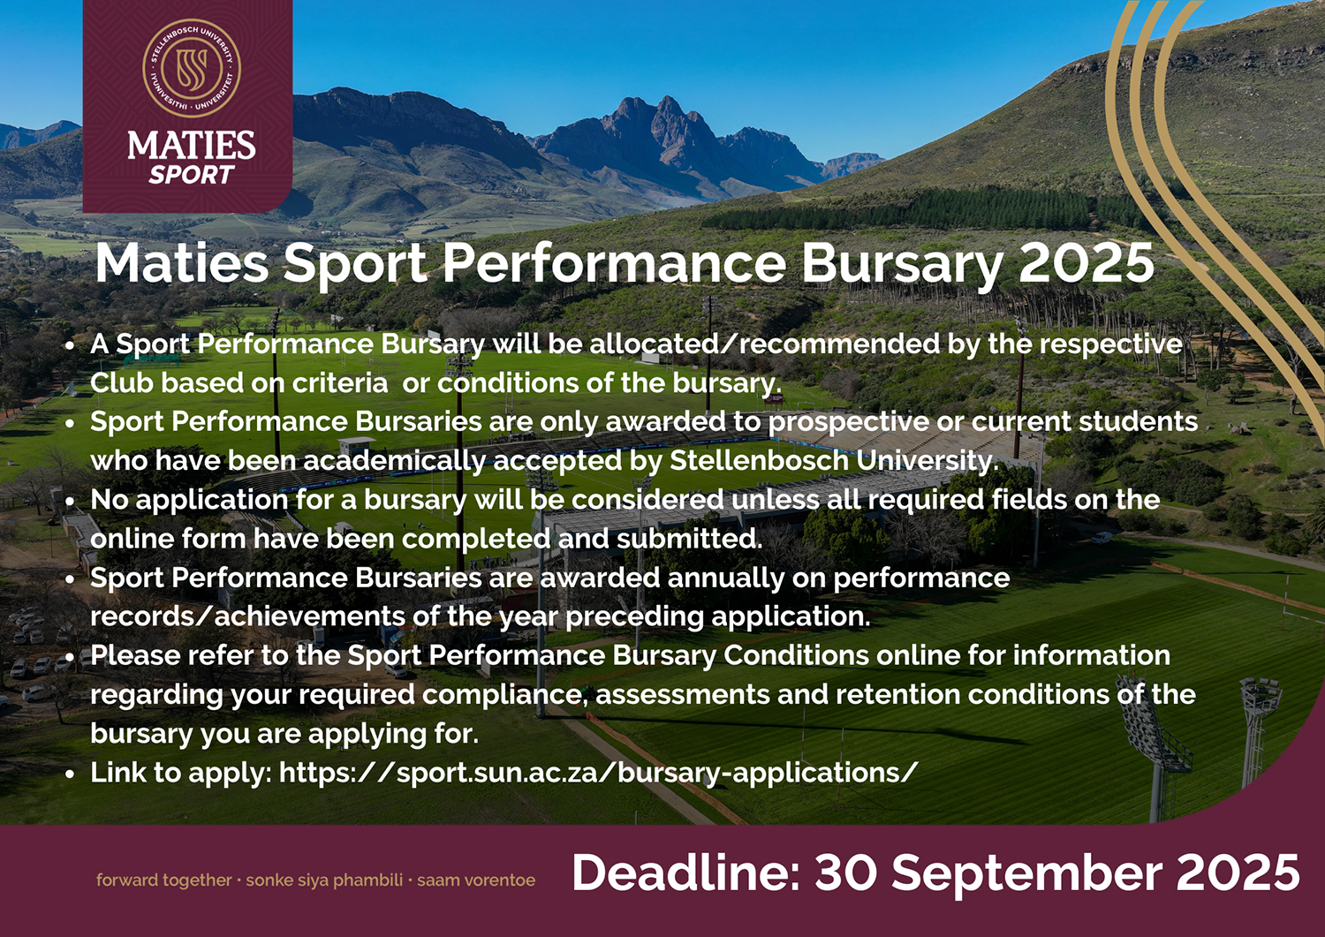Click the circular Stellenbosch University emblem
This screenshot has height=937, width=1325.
[192, 68]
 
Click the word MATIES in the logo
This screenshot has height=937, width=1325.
[192, 146]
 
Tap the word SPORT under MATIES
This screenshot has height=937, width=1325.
[192, 175]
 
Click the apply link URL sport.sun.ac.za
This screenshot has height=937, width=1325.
[598, 772]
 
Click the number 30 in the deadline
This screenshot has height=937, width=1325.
[845, 873]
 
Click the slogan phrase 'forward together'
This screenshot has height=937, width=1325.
[163, 880]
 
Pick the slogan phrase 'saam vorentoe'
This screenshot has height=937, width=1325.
[476, 880]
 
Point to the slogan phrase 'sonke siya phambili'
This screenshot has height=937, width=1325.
[324, 880]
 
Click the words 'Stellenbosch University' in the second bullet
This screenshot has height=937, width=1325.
[834, 461]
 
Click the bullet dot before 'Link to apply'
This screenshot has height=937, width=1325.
[71, 773]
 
